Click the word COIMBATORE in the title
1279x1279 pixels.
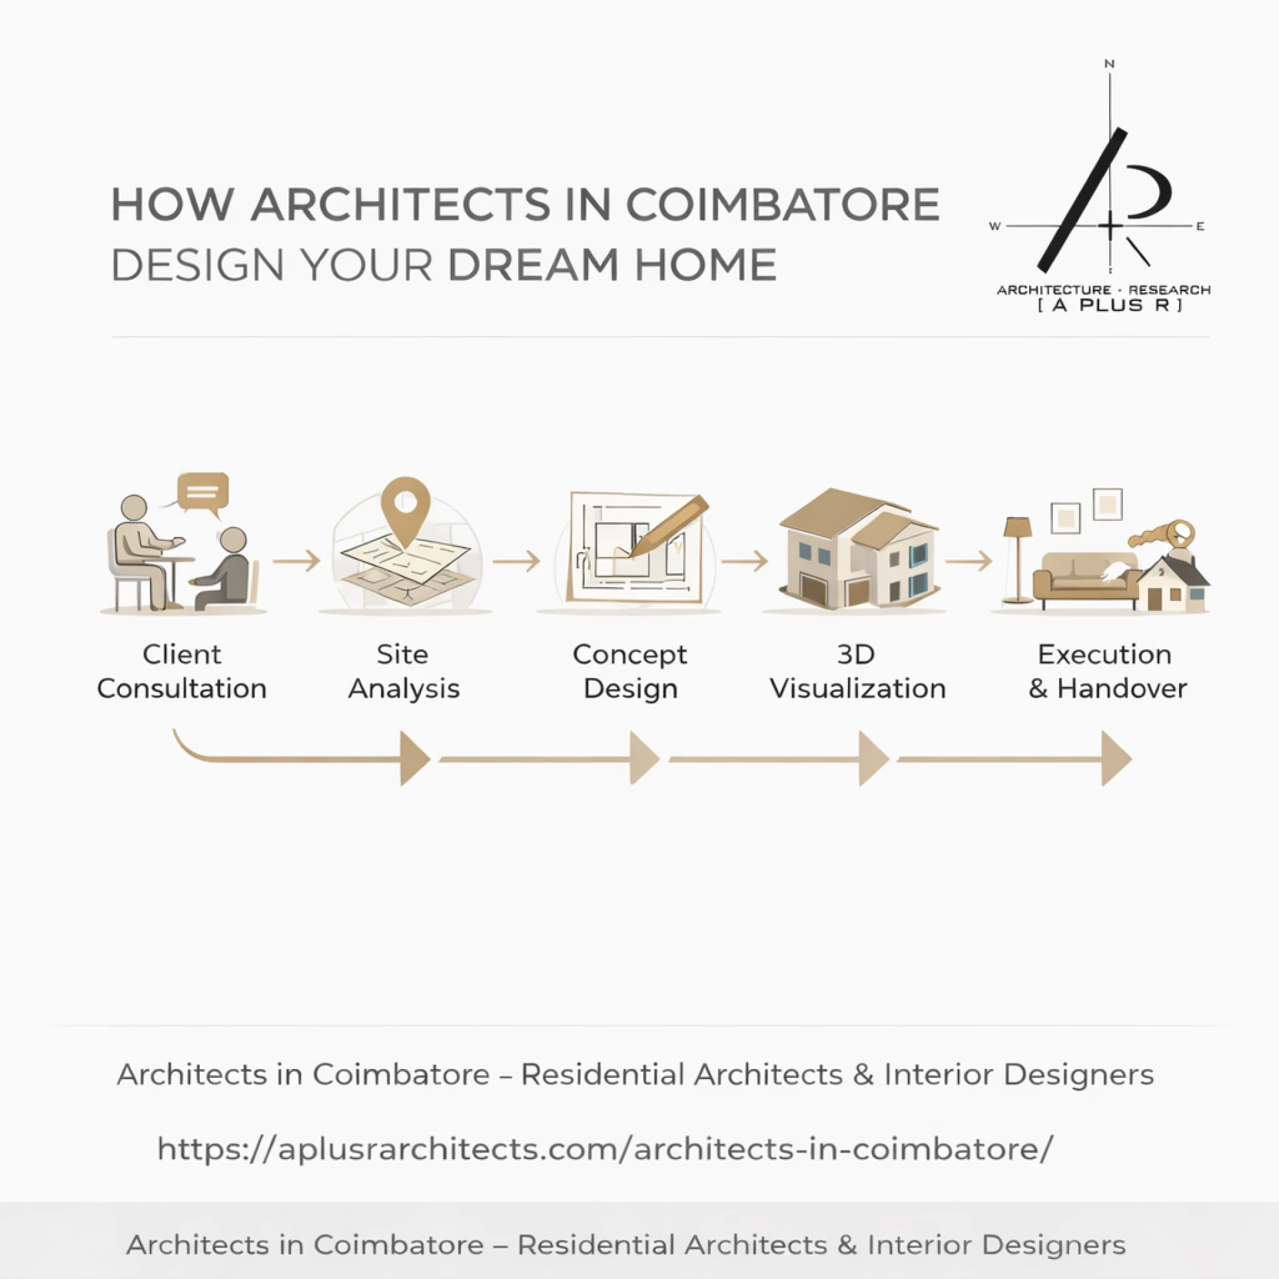783,205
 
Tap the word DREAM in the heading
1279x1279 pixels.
533,265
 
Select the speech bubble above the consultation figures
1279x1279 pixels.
203,493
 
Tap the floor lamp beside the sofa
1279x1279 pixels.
1017,560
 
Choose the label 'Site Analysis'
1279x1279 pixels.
404,671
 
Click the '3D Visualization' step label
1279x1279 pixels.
857,671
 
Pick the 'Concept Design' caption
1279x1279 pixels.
630,671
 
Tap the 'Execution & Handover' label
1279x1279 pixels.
1106,671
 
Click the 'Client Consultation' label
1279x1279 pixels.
182,671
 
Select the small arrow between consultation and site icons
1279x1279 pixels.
297,561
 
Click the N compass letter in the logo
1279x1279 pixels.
1109,64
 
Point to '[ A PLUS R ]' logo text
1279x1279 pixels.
1110,305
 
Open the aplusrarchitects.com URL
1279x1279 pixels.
605,1149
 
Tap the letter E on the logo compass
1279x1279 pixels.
1200,226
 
